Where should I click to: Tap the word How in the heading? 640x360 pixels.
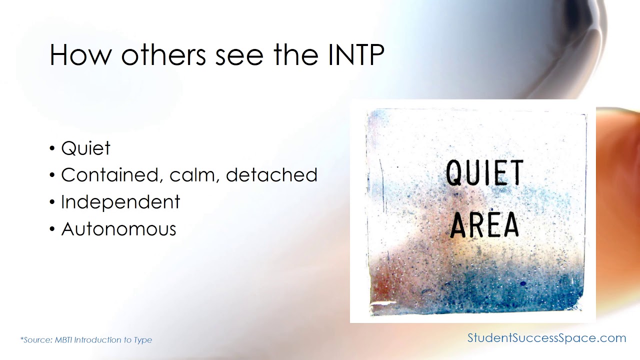click(x=80, y=55)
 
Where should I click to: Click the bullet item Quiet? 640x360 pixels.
click(x=85, y=148)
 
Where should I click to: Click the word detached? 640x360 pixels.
click(x=271, y=175)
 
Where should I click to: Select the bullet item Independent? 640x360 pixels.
click(x=120, y=202)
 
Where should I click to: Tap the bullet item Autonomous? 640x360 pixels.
click(x=118, y=229)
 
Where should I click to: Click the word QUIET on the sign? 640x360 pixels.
click(x=484, y=173)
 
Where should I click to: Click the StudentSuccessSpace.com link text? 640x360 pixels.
click(x=546, y=338)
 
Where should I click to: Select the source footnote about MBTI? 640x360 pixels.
click(x=86, y=340)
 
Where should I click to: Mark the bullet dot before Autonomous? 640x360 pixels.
click(x=52, y=229)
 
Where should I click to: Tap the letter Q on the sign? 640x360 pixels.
click(x=454, y=173)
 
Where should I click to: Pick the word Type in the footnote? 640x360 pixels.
click(x=142, y=340)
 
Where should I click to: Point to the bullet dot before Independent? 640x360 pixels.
click(x=52, y=202)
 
